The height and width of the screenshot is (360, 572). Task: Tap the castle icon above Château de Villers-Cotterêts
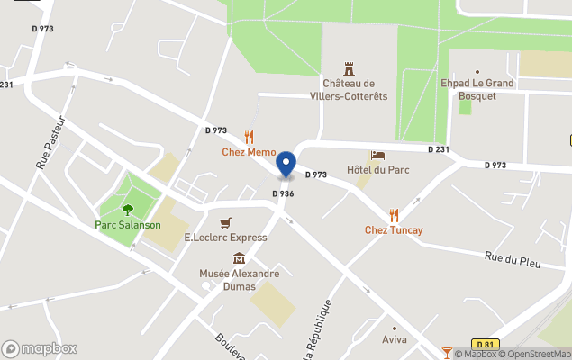[350, 68]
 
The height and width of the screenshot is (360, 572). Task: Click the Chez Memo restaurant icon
[249, 138]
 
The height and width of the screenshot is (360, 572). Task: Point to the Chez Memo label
[249, 152]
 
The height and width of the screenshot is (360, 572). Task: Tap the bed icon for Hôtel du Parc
[377, 156]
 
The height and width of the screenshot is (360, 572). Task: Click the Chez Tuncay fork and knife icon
[394, 215]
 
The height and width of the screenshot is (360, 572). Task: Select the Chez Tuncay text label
[394, 230]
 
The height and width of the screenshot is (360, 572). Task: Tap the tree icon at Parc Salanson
[128, 210]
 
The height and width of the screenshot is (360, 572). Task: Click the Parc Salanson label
[128, 224]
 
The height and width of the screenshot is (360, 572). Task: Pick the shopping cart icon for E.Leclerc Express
[225, 222]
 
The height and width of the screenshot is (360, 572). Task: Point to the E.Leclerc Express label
[225, 238]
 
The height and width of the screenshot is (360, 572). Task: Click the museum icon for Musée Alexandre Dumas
[239, 258]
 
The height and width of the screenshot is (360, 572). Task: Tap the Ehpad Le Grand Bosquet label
[477, 90]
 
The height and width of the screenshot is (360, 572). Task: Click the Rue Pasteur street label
[50, 142]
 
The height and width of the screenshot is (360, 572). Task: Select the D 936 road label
[284, 193]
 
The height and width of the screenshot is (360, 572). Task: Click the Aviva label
[395, 339]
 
